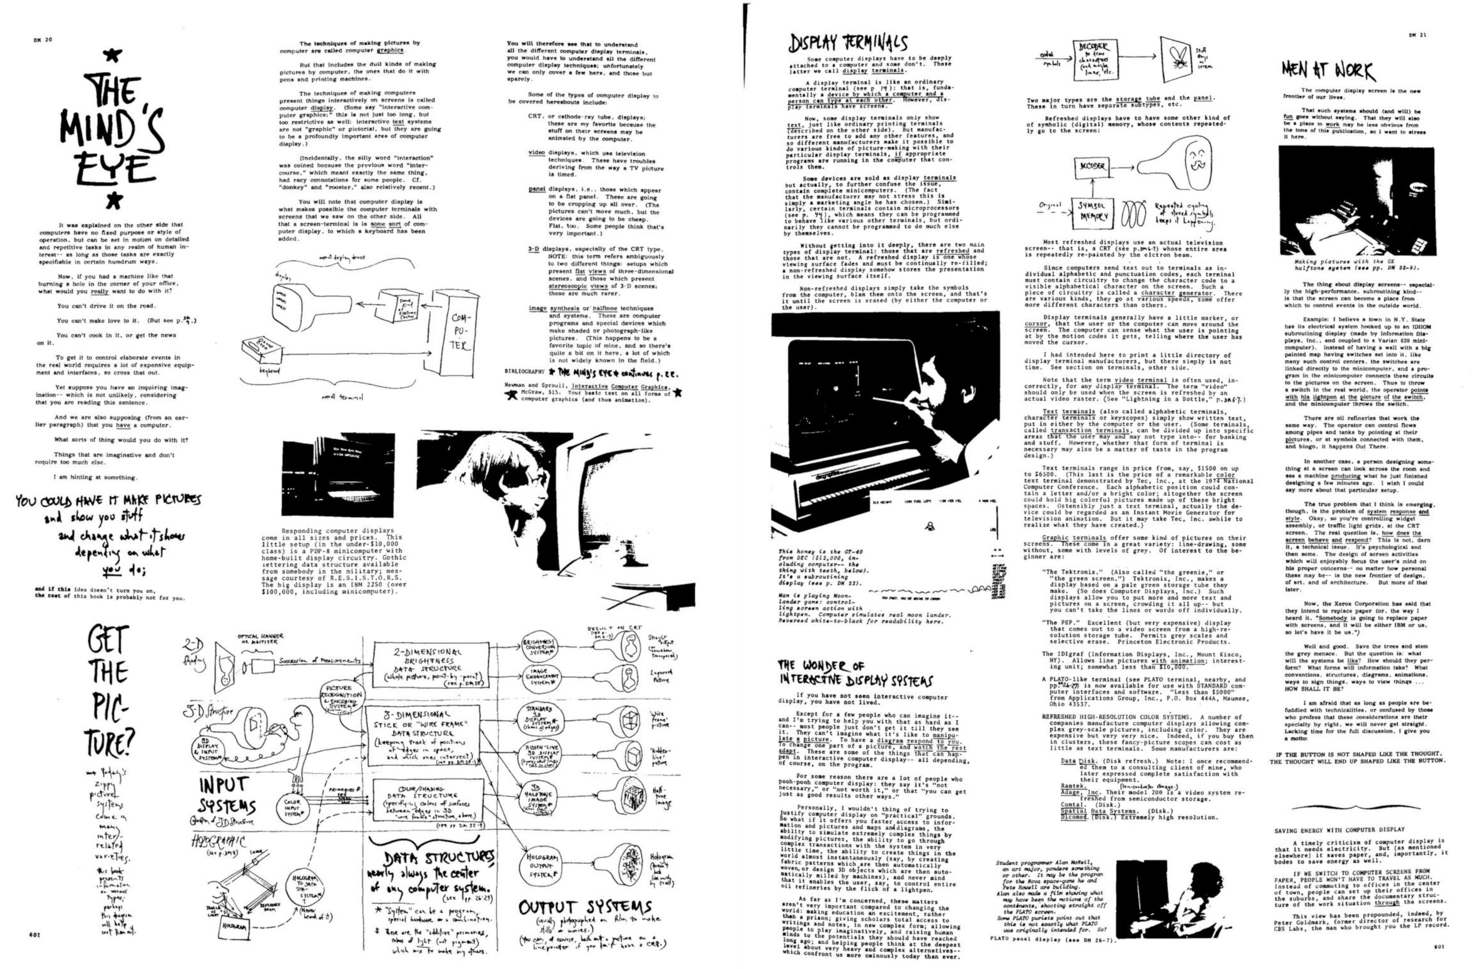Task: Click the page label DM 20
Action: coord(43,40)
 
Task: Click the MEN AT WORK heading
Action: coord(1328,72)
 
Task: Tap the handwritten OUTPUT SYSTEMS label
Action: coord(585,909)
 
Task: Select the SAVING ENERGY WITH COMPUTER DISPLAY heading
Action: coord(1339,829)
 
